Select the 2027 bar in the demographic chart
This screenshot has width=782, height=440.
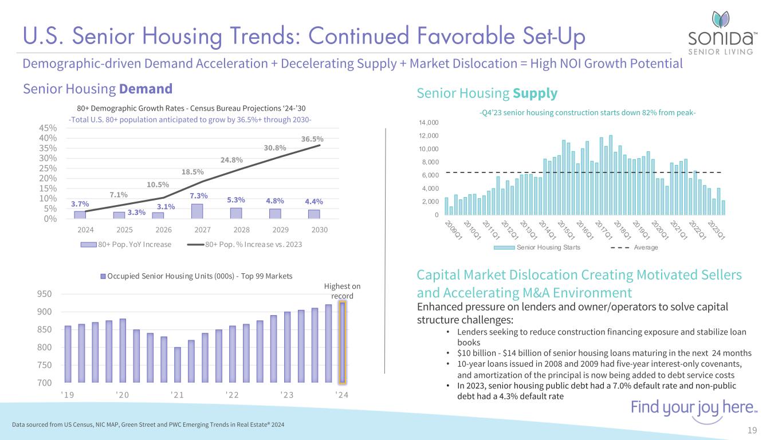click(x=197, y=211)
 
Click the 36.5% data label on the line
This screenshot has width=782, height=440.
click(x=313, y=139)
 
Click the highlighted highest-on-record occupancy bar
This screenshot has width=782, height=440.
click(x=342, y=342)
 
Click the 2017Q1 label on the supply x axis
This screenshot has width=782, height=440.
click(x=604, y=230)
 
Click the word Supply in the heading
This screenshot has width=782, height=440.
click(x=535, y=93)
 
